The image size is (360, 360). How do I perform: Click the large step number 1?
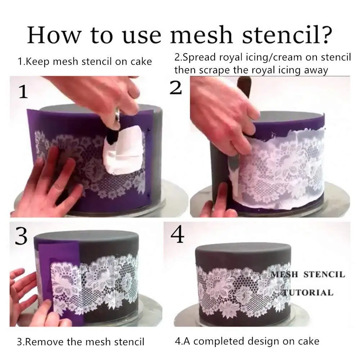tap(23, 93)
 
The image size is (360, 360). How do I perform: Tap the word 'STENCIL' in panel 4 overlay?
tap(324, 274)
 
